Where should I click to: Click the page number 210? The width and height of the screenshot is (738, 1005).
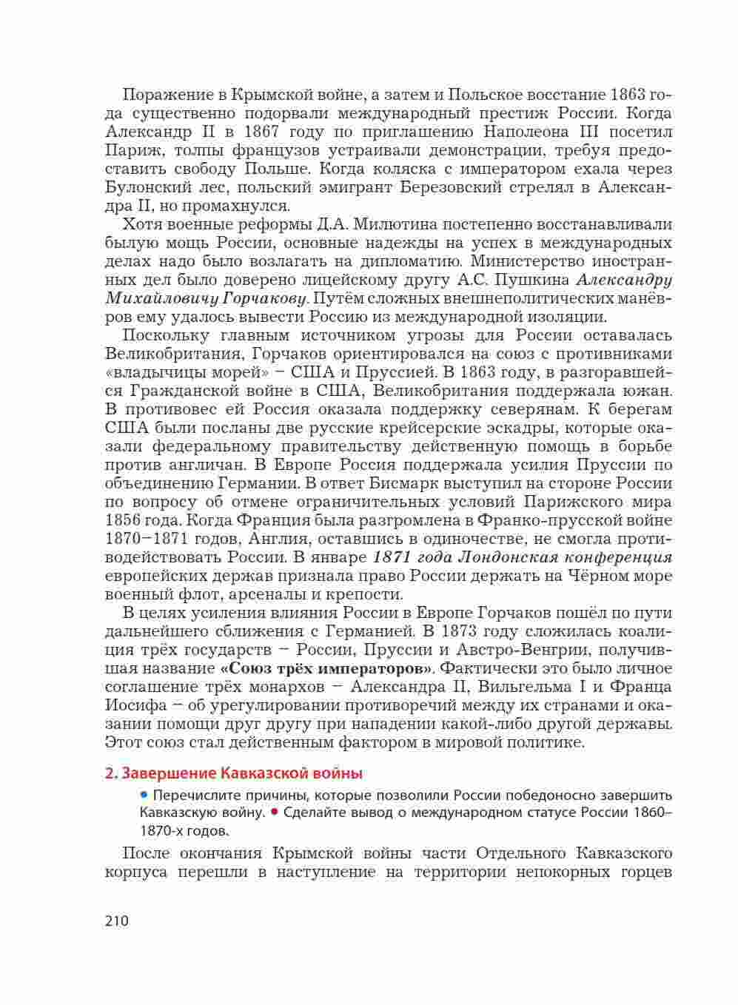(x=117, y=921)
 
